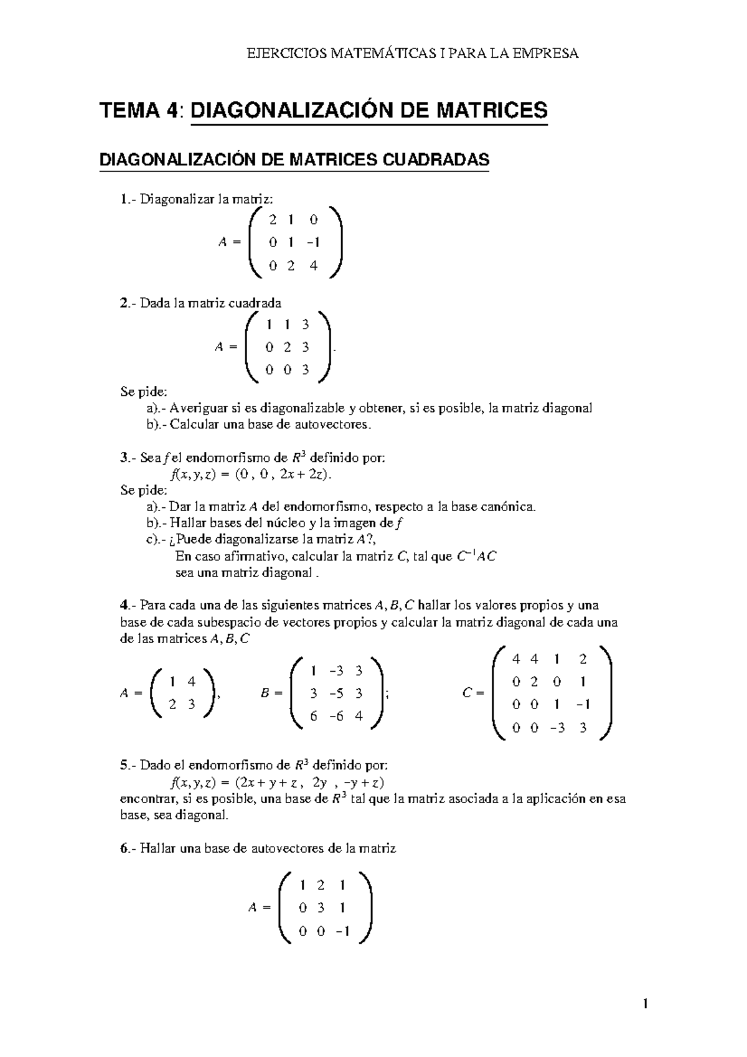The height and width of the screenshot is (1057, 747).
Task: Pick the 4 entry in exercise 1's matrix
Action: pos(313,266)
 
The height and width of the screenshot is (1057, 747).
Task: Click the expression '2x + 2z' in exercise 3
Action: pos(303,474)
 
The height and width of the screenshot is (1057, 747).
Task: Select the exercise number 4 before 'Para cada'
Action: pos(123,605)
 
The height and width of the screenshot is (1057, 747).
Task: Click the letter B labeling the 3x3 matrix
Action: pos(265,693)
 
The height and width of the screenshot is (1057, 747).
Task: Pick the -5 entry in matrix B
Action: pos(336,693)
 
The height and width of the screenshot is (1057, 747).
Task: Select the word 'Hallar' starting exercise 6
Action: pos(157,848)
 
